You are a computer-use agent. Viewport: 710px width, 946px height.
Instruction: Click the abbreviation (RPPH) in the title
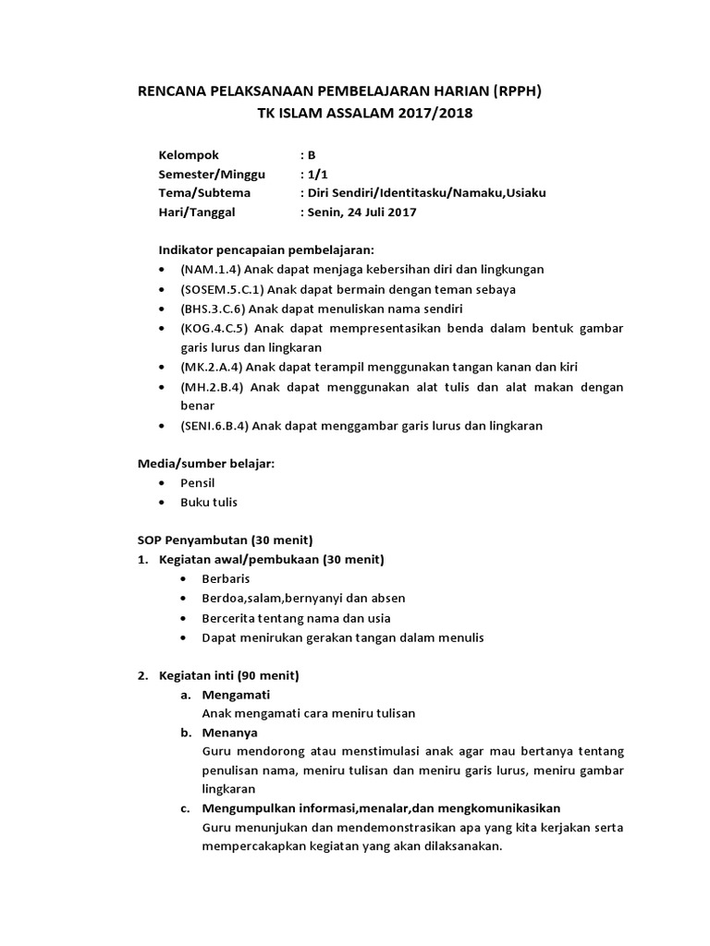click(x=517, y=91)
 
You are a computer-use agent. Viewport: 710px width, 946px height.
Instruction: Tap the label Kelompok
click(x=189, y=154)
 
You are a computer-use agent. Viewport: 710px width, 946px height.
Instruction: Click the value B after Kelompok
click(x=312, y=154)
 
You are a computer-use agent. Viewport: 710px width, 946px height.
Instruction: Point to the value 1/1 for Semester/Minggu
click(x=315, y=174)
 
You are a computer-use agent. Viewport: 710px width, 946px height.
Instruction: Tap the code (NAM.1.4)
click(x=212, y=270)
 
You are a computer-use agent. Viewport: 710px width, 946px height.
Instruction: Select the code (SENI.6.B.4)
click(x=216, y=426)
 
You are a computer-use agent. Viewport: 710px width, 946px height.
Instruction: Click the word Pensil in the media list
click(x=197, y=483)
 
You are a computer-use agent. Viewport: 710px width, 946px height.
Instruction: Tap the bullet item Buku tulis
click(x=209, y=503)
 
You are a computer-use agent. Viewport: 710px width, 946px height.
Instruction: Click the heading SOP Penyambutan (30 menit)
click(x=225, y=540)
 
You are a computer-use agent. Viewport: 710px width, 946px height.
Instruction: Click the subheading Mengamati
click(x=236, y=694)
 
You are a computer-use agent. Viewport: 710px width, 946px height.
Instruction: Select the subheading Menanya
click(x=230, y=732)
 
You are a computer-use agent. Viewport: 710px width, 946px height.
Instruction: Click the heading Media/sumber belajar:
click(x=206, y=464)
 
